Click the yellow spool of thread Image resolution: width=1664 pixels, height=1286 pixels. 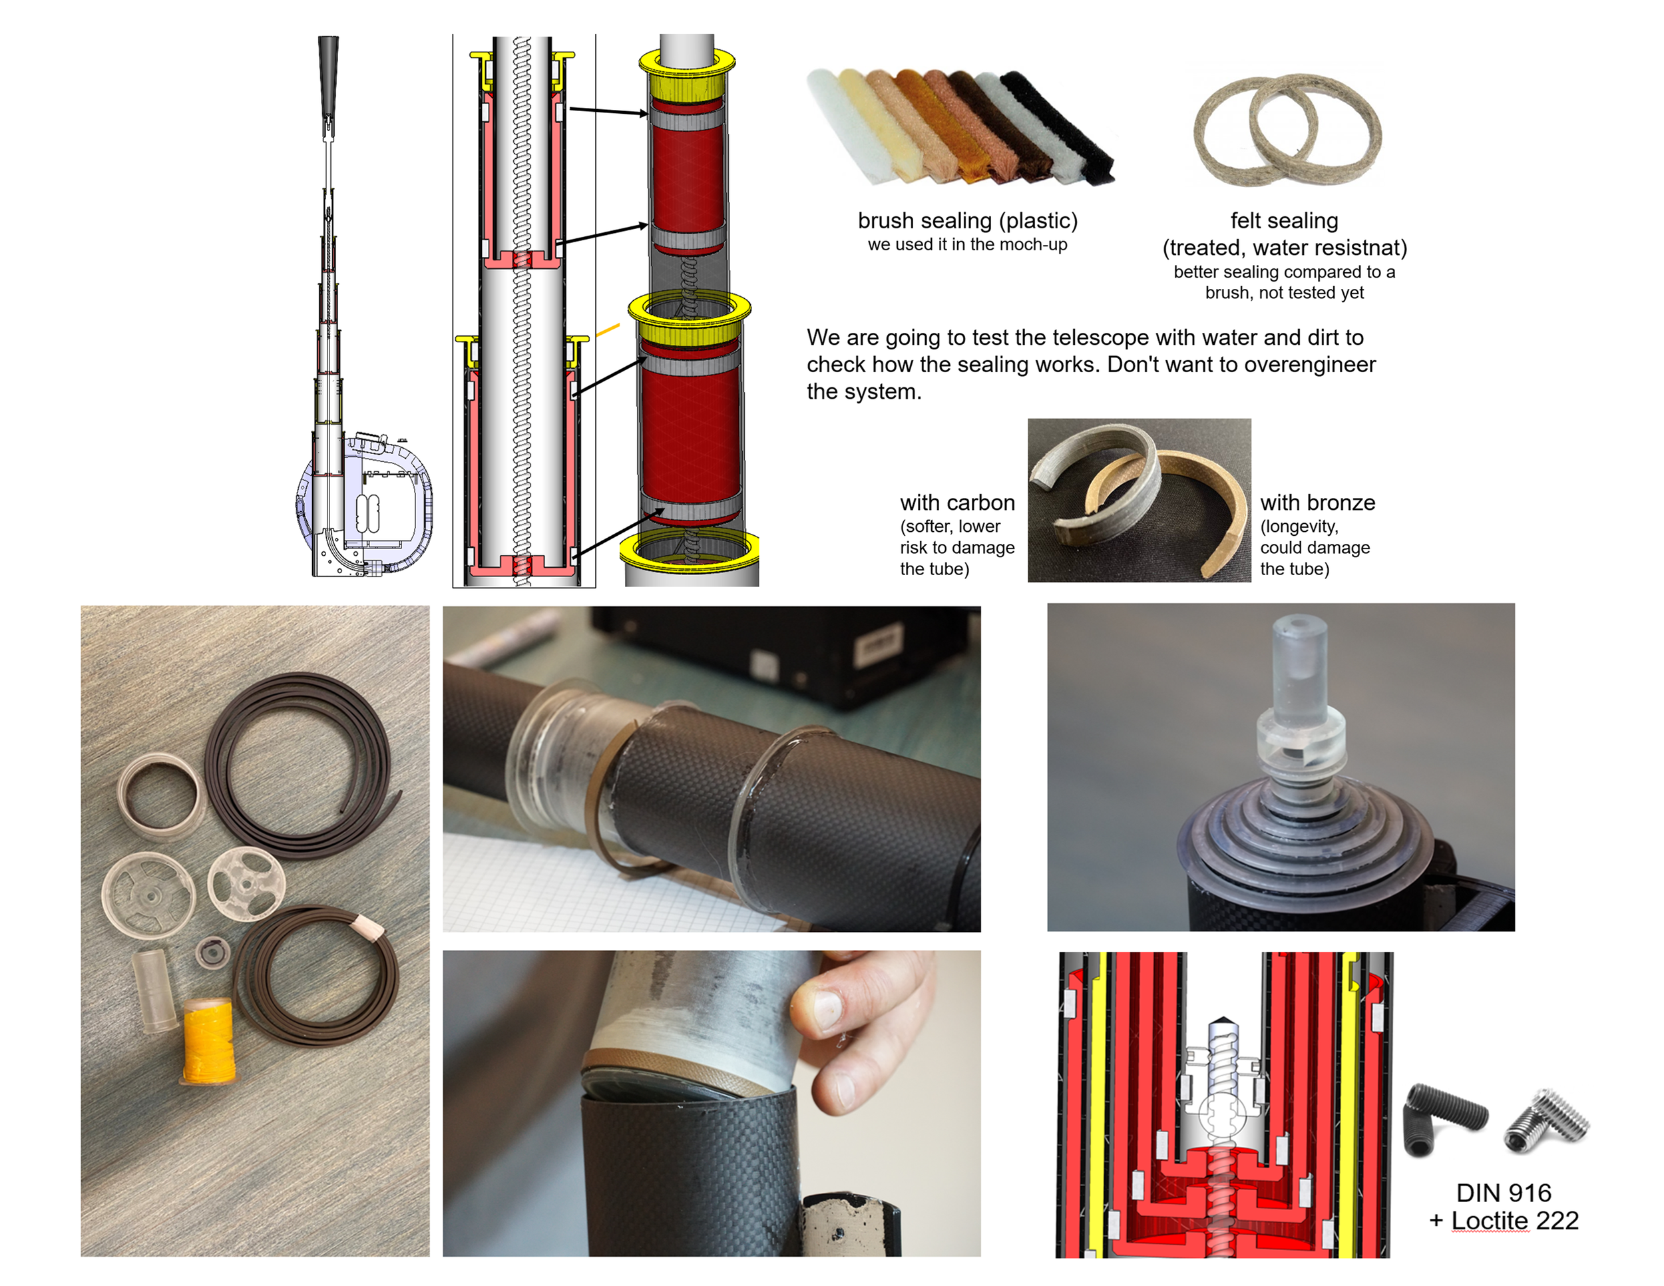[x=208, y=1040]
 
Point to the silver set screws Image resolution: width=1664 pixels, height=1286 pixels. [x=1547, y=1120]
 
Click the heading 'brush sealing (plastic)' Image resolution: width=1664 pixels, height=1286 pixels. [x=968, y=220]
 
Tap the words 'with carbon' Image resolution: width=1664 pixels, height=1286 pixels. [x=958, y=502]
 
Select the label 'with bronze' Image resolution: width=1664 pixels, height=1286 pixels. [x=1318, y=502]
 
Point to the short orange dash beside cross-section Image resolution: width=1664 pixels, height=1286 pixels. [x=607, y=330]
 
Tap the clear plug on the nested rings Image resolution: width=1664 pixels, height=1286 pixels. [x=1300, y=708]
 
